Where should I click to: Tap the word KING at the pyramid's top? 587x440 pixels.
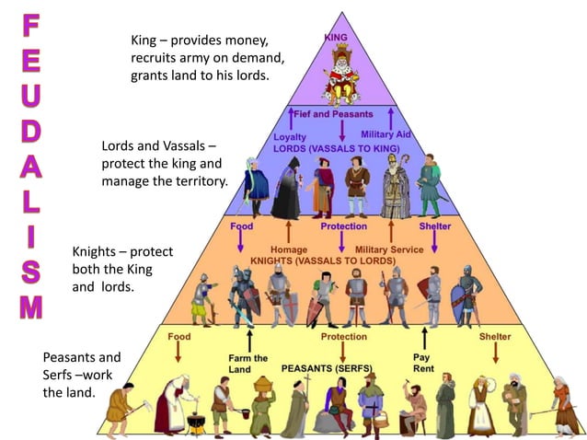(x=336, y=38)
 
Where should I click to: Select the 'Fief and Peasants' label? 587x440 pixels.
(x=333, y=114)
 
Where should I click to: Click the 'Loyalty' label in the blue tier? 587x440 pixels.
(x=290, y=137)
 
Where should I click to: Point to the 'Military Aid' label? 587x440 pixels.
(x=386, y=134)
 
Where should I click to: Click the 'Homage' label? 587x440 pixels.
(x=289, y=249)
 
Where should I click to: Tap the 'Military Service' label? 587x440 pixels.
(x=389, y=249)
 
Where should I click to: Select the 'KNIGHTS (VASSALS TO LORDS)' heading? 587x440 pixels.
(x=323, y=261)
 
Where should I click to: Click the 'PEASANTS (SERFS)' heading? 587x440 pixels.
(x=328, y=368)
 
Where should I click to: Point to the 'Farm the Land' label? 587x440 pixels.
(x=247, y=364)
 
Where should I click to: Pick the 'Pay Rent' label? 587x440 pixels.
(x=423, y=362)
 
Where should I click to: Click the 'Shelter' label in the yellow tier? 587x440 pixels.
(x=495, y=337)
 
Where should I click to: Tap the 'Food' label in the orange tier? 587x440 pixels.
(x=242, y=226)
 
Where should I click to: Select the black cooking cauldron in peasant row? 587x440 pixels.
(x=194, y=421)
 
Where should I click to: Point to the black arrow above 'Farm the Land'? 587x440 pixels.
(x=247, y=339)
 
